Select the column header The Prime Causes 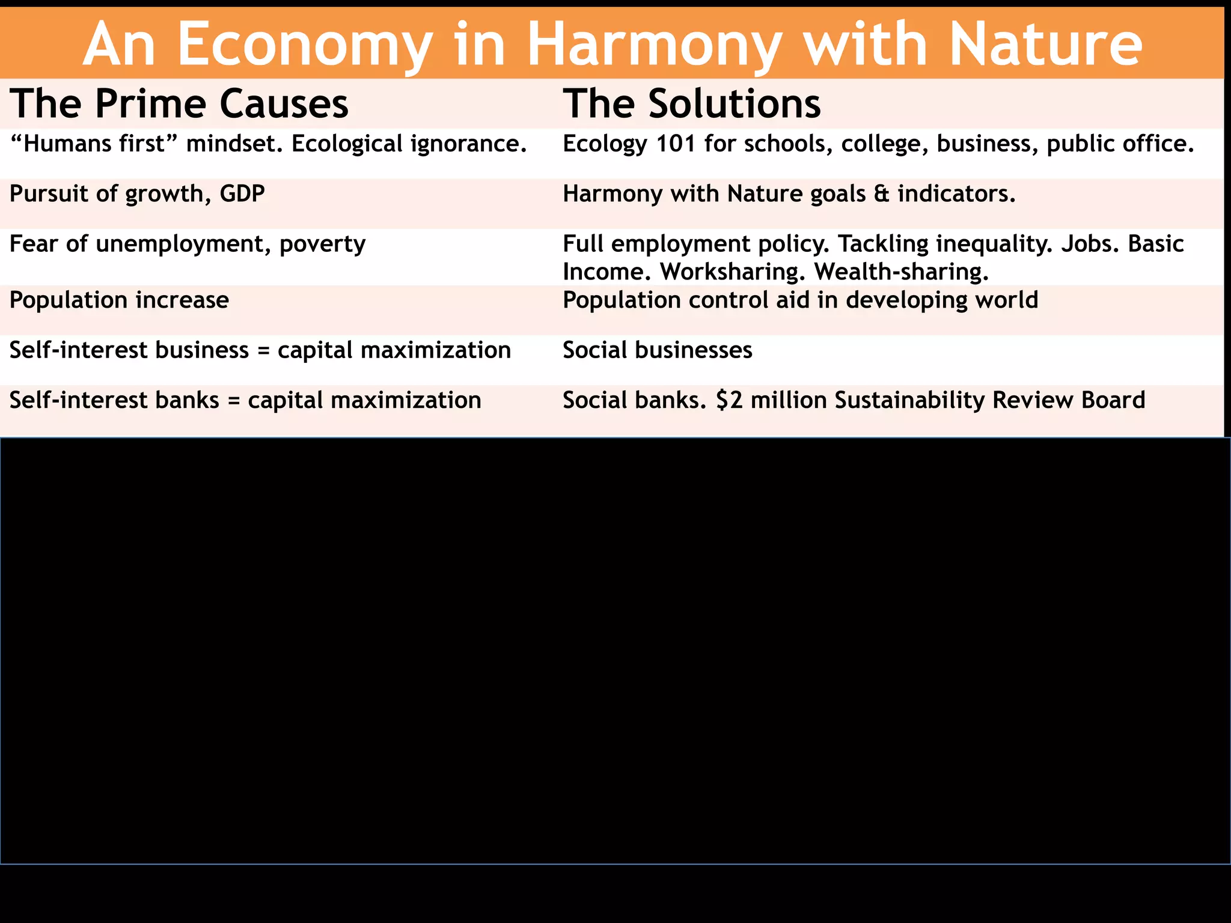[x=179, y=103]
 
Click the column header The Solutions [x=691, y=103]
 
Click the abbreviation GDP [x=242, y=194]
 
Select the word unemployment [x=183, y=245]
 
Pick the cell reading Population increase [x=119, y=300]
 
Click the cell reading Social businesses [x=657, y=350]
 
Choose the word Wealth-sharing [x=901, y=272]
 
